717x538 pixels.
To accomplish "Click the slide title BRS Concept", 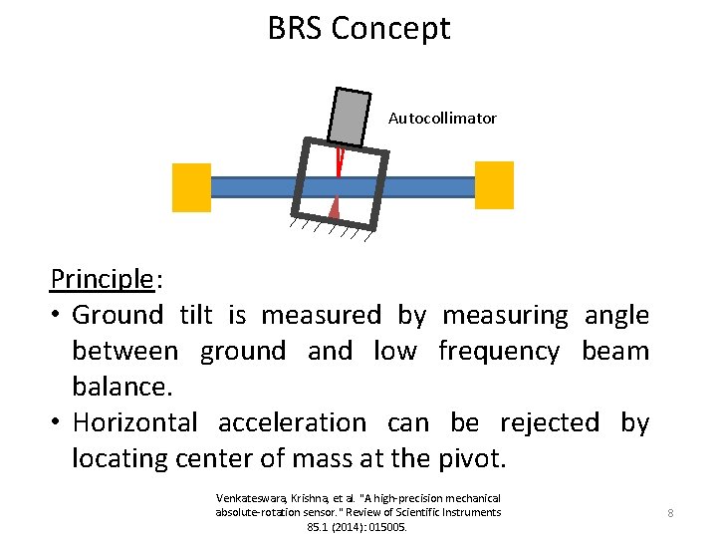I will click(358, 28).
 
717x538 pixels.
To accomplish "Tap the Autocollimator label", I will click(442, 119).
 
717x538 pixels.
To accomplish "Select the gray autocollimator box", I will click(349, 118).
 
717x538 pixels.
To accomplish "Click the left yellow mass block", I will click(191, 187).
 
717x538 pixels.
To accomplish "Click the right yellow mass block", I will click(494, 185).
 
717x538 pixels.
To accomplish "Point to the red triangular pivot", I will click(335, 206).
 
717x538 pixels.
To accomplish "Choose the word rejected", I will click(550, 423).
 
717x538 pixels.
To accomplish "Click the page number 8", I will click(670, 513).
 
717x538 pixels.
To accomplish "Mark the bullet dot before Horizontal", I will click(58, 423).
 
